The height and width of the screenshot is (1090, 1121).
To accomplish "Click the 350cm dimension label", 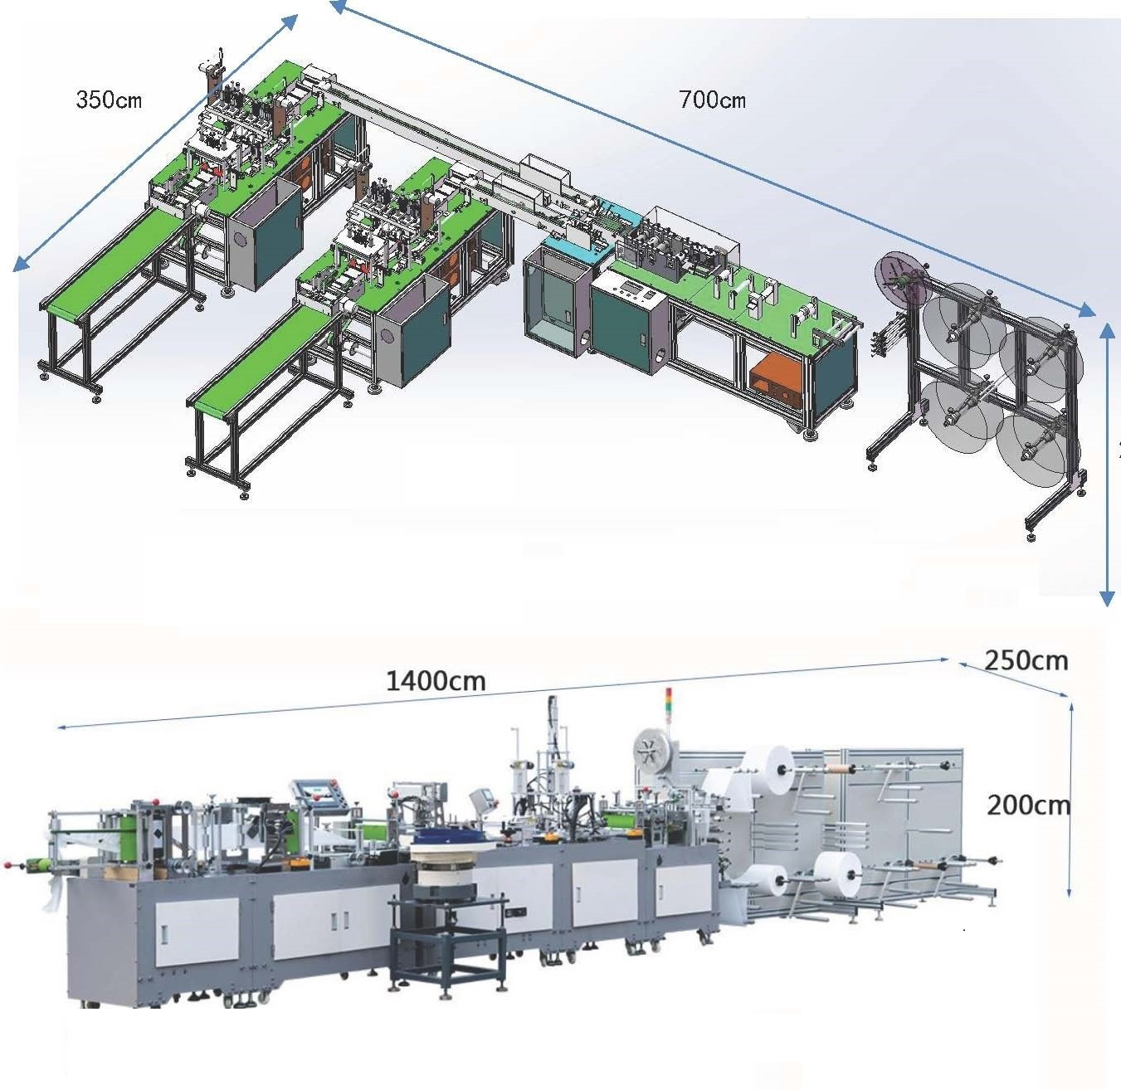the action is pyautogui.click(x=109, y=100).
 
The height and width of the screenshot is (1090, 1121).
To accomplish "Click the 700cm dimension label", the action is pyautogui.click(x=712, y=100).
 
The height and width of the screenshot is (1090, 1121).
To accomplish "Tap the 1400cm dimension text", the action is pyautogui.click(x=436, y=681).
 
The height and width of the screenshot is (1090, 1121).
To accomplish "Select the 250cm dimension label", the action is pyautogui.click(x=1026, y=660).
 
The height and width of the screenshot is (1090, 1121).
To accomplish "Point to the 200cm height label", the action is pyautogui.click(x=1028, y=805).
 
